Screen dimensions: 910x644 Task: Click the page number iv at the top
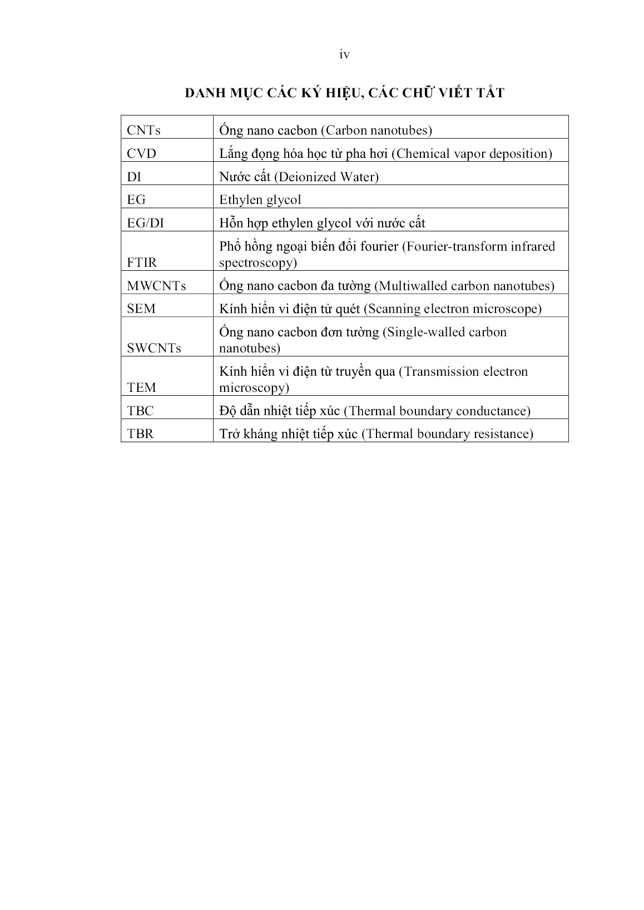(344, 54)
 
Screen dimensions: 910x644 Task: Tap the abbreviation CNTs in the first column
(143, 131)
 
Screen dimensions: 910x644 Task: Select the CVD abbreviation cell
(141, 154)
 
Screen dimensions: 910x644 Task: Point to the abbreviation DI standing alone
(133, 177)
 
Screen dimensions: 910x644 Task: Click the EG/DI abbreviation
(145, 223)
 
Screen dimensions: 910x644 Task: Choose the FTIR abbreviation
(142, 263)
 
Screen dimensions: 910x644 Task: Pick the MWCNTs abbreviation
(156, 286)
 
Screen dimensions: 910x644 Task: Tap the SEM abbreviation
(141, 309)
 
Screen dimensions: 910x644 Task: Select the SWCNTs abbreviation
(154, 349)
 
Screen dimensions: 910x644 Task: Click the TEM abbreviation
(141, 388)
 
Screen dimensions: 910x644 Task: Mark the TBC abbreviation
(140, 411)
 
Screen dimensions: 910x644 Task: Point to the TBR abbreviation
(140, 434)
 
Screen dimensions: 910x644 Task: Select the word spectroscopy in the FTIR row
(256, 263)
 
